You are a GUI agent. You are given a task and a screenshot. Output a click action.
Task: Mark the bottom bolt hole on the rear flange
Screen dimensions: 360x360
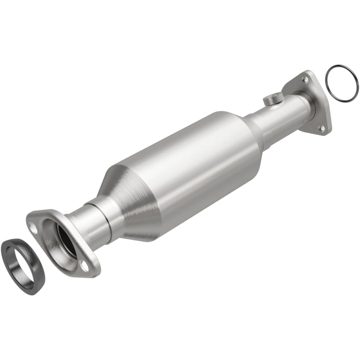322,128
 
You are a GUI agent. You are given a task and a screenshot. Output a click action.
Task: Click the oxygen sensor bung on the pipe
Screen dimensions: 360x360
272,99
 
